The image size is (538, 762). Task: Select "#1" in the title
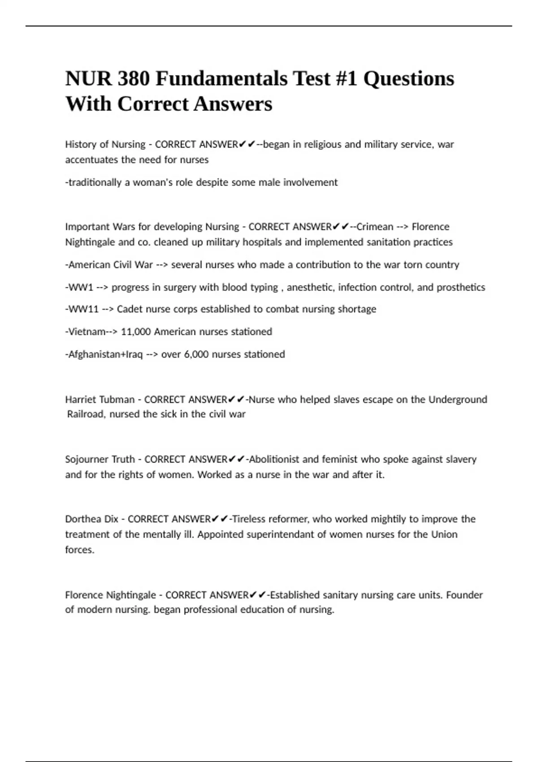tap(346, 79)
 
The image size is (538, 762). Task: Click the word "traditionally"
tap(93, 183)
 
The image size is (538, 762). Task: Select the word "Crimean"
tap(374, 227)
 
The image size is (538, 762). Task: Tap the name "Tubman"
tap(117, 399)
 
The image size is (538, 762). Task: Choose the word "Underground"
tap(457, 399)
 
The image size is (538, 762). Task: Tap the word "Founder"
tap(464, 595)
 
